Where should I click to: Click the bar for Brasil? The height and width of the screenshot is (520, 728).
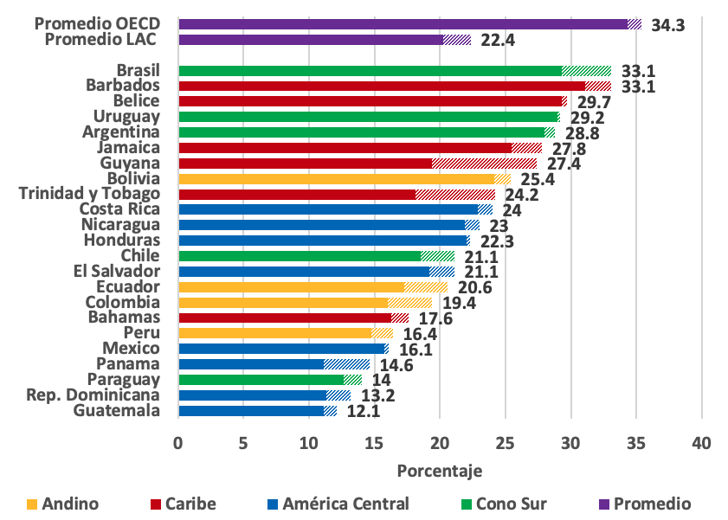[394, 71]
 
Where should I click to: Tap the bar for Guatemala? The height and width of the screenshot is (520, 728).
[257, 411]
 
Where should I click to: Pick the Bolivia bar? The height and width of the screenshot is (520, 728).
[344, 179]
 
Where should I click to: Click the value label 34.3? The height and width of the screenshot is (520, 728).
[667, 25]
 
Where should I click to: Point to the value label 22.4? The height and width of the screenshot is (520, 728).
[497, 41]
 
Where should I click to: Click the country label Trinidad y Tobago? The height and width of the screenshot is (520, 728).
[90, 194]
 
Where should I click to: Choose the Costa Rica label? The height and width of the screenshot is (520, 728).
[119, 209]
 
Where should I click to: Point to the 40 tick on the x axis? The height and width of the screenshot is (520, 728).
[700, 444]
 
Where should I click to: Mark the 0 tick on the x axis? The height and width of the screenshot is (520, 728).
[178, 444]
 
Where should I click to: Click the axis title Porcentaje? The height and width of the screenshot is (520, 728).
[439, 471]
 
